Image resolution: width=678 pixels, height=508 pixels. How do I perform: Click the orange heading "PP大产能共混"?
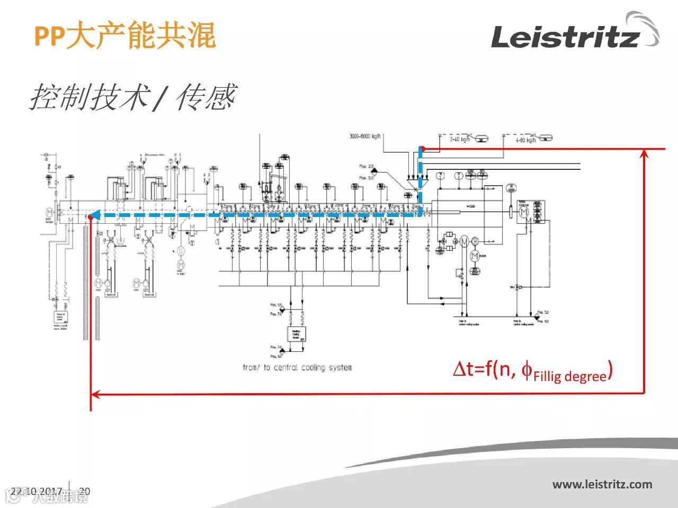125,36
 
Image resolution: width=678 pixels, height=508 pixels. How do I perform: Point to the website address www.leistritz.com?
602,484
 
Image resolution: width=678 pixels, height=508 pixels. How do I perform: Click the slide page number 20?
84,491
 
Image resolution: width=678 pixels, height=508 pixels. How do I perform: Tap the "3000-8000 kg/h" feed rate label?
365,137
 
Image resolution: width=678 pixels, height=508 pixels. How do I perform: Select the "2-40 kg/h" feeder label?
459,140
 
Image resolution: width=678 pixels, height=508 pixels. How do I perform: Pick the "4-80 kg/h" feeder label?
526,140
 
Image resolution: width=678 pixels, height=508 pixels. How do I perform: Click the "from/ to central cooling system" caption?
297,367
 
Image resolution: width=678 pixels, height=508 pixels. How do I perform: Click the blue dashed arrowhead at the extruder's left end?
93,215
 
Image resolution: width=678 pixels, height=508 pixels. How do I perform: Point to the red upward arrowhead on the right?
644,153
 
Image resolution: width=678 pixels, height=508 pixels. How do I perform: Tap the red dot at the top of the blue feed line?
422,149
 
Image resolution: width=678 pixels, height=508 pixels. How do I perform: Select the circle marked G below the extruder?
181,250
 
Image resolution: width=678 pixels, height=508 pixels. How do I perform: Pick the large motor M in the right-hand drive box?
523,212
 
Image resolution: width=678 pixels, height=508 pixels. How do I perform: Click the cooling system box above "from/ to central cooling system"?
296,334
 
